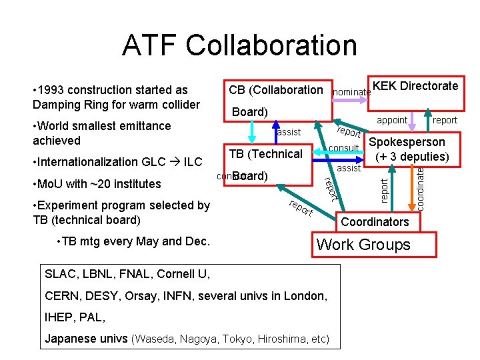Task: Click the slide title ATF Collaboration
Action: point(239,45)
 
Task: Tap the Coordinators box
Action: point(375,221)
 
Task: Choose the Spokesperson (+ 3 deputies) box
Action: point(407,150)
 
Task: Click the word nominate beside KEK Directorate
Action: point(351,91)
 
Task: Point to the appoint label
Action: point(392,121)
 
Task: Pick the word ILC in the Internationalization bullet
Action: point(193,162)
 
